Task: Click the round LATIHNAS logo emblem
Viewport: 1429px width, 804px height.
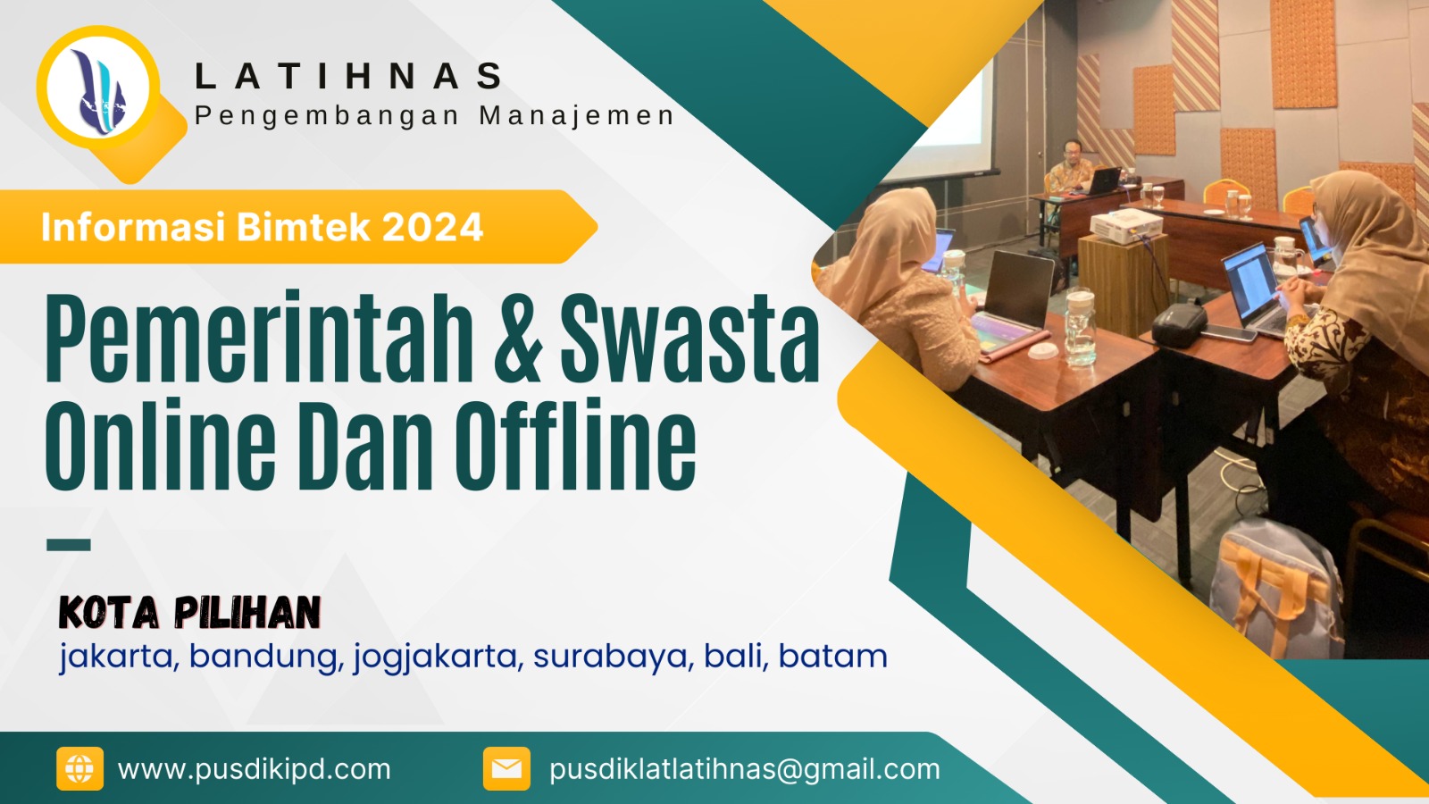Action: (98, 88)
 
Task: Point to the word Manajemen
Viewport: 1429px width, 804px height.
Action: (576, 116)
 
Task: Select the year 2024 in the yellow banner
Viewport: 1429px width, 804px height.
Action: (432, 227)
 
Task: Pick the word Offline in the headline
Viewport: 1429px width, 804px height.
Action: (575, 445)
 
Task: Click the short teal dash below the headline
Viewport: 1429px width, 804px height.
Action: (69, 544)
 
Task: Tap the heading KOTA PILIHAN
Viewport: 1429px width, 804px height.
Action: (189, 613)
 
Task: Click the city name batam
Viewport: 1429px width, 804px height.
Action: (832, 657)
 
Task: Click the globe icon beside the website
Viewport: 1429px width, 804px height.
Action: (79, 768)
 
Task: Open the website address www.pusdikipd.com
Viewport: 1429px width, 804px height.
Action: (255, 769)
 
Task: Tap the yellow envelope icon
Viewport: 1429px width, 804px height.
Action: (506, 768)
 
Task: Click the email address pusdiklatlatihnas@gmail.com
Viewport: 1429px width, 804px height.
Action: (745, 769)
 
